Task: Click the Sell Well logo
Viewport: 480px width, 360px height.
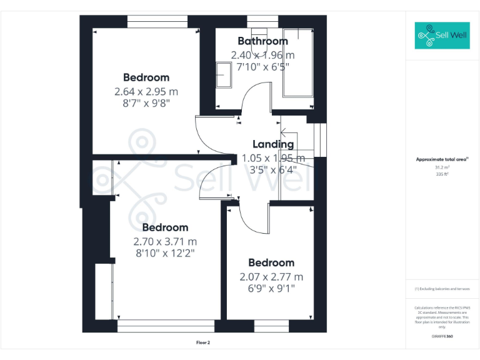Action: (442, 36)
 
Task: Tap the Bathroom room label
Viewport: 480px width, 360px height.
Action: (262, 41)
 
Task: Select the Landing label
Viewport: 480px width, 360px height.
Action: (272, 144)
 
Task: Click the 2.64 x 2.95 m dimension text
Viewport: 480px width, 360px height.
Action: (146, 91)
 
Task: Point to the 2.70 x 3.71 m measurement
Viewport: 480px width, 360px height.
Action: (165, 241)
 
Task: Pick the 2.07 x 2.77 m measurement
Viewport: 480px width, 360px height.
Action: (271, 277)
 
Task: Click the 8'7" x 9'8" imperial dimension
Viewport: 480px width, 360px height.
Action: (146, 103)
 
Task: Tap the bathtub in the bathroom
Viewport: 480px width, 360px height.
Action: (297, 62)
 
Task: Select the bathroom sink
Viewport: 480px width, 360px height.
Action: (224, 76)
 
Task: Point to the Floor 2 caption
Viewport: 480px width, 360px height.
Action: (203, 342)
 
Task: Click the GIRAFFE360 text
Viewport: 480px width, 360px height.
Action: (442, 336)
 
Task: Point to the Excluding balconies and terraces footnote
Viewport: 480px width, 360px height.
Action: (442, 289)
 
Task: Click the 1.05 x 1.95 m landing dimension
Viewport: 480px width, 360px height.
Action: (273, 158)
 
